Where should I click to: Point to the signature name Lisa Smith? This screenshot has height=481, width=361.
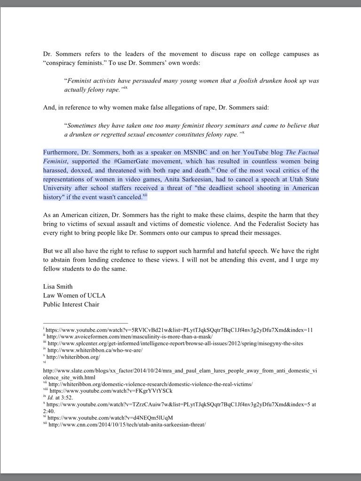coord(58,287)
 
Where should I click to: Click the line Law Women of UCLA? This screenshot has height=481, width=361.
coord(74,295)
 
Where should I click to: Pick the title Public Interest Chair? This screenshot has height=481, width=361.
coord(71,304)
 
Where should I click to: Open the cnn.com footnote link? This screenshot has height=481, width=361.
coord(127,425)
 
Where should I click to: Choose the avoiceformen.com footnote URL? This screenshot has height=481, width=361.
coord(129,336)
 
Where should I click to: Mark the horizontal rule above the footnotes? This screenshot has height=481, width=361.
coord(86,323)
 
